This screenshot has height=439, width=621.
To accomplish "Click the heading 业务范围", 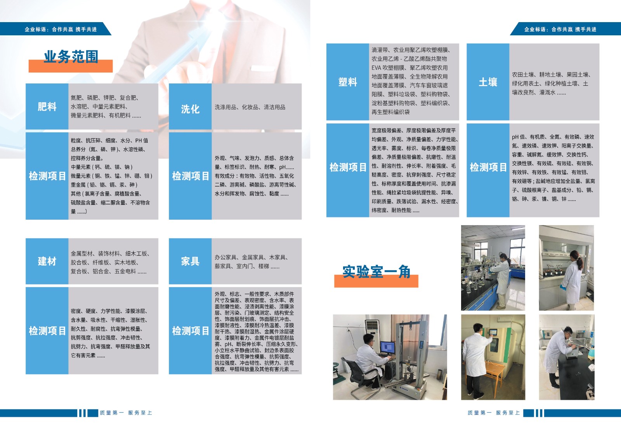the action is pos(71,57).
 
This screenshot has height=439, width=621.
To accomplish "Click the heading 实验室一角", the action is pos(376,271).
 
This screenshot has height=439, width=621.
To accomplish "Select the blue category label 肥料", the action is pos(47,106).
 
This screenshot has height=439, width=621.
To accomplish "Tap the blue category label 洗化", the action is pos(190,109).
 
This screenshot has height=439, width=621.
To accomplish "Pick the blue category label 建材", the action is pos(47,261).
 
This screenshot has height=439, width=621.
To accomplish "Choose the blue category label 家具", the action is pos(190,261).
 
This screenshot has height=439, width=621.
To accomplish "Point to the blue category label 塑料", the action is pos(348,82).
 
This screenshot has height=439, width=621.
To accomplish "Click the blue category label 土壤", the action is pos(488,82).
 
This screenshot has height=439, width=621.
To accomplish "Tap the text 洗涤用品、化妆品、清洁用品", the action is pos(250,107).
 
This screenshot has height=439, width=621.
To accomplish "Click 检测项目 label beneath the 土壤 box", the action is pos(488,167).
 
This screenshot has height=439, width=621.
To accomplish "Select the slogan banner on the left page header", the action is pos(56,29).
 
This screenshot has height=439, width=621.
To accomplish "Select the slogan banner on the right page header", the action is pos(565,29).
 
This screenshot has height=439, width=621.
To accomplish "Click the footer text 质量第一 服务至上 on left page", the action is pos(126,413).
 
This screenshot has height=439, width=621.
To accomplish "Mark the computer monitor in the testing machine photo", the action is pos(388,348).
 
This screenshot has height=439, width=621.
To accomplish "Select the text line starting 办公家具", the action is pos(251,257).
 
